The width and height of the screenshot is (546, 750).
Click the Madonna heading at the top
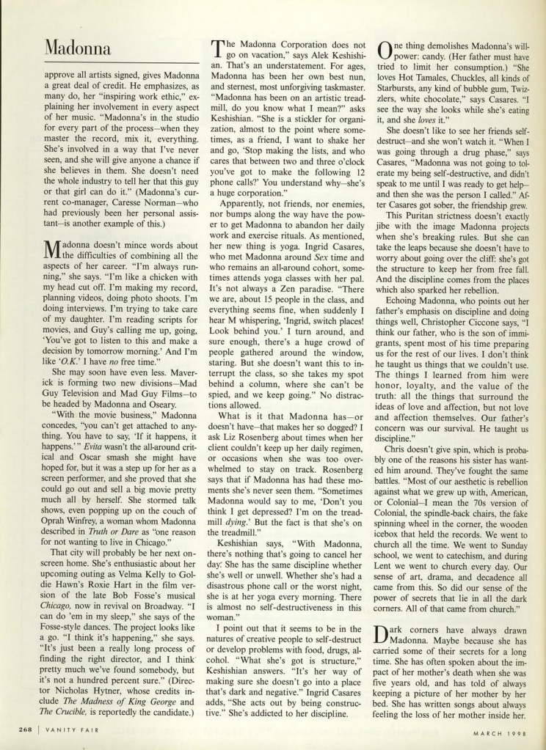76,48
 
